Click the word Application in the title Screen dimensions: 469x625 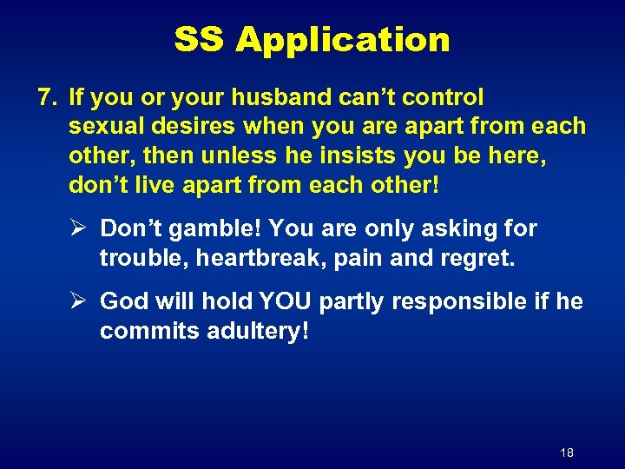click(343, 40)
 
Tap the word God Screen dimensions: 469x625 click(123, 301)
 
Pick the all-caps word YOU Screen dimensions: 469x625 click(283, 301)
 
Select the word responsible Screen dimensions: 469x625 click(459, 301)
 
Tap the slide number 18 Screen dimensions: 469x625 click(567, 452)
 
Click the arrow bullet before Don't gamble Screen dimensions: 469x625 click(76, 228)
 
